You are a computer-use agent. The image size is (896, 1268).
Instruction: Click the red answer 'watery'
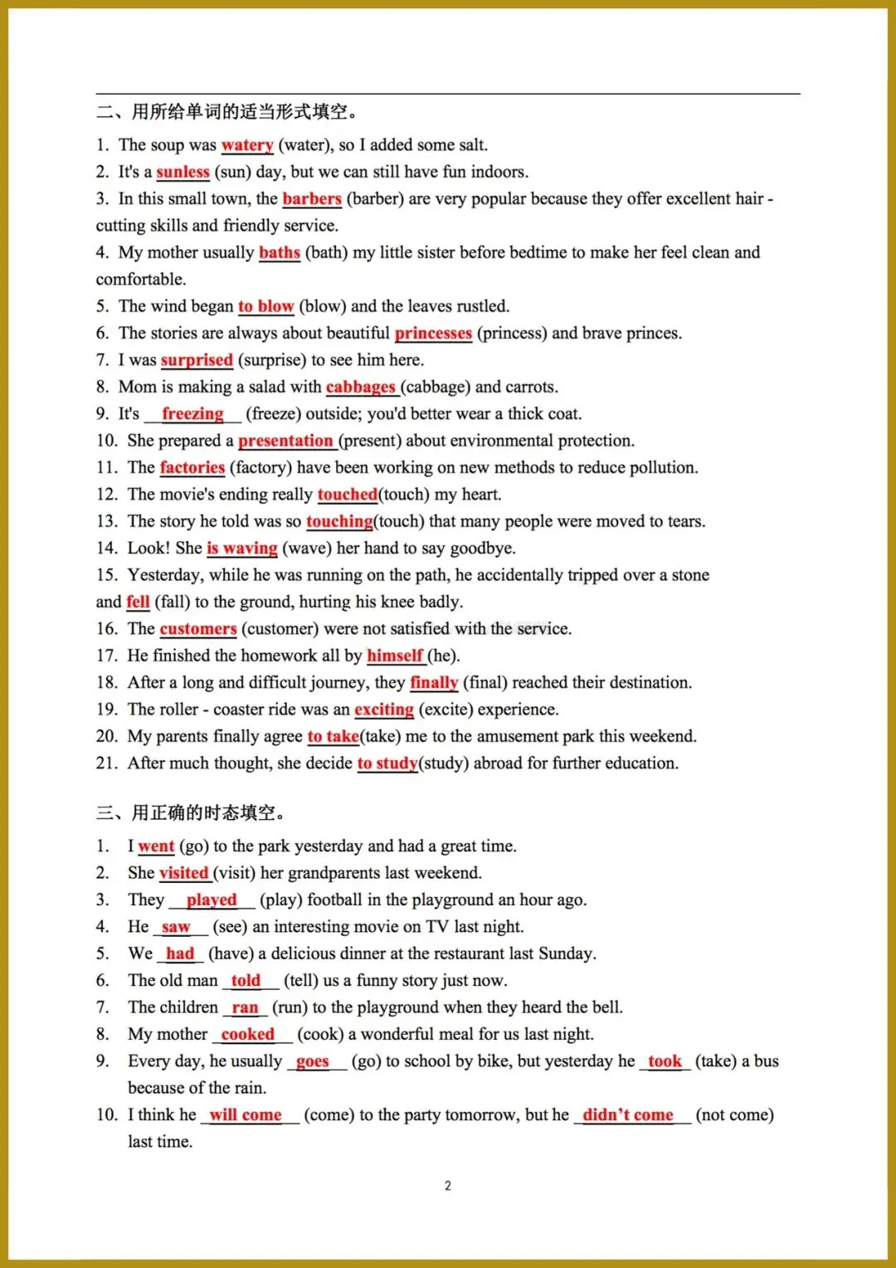[247, 145]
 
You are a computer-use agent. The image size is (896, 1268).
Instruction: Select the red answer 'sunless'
[183, 172]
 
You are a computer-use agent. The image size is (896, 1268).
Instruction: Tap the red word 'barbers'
[312, 198]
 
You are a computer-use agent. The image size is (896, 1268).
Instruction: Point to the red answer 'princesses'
[433, 333]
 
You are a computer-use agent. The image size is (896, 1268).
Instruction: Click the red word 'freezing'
[192, 413]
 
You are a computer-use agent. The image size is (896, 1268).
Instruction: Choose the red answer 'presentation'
[285, 441]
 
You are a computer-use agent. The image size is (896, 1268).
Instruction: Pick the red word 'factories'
[192, 467]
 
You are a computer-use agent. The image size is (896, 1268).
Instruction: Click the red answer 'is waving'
[242, 548]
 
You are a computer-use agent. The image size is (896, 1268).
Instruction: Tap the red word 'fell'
[138, 602]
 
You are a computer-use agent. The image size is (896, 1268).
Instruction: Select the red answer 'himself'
[395, 656]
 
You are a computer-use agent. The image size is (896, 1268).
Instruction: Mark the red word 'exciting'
[384, 710]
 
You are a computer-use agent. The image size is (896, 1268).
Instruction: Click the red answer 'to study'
[387, 763]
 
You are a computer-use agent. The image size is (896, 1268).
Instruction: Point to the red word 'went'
[156, 846]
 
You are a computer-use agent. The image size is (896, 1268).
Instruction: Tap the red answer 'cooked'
[247, 1034]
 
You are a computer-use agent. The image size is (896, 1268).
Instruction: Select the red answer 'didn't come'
[628, 1114]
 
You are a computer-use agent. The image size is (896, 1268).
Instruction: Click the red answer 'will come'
[246, 1114]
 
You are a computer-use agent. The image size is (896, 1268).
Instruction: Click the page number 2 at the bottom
[448, 1186]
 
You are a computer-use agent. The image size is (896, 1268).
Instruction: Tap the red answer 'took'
[665, 1061]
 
